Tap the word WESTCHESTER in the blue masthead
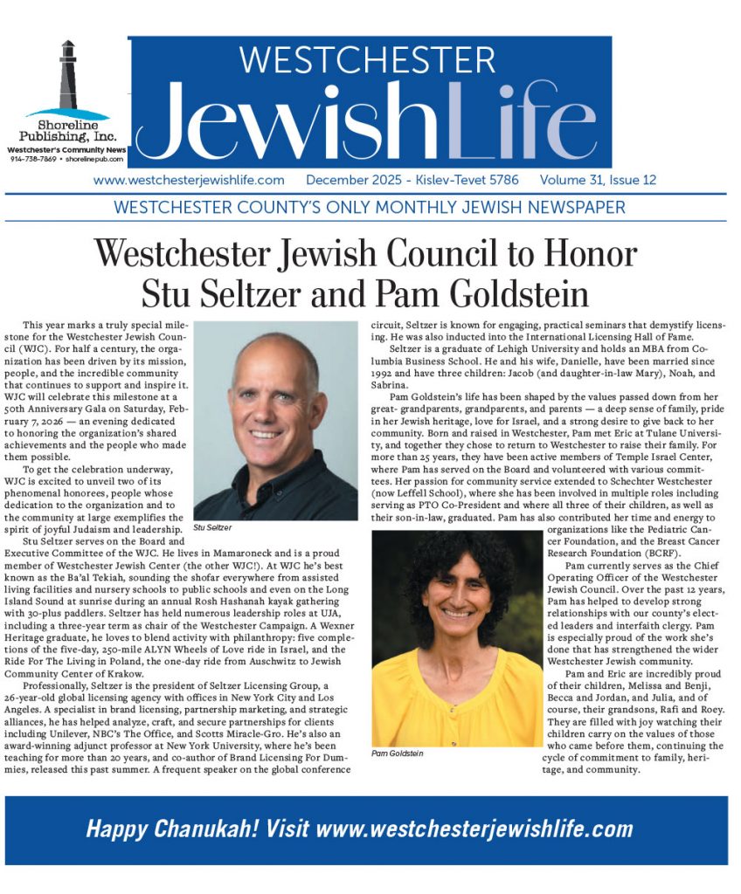pos(367,60)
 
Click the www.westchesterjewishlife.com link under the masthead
pos(189,181)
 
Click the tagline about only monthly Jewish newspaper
pos(370,208)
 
